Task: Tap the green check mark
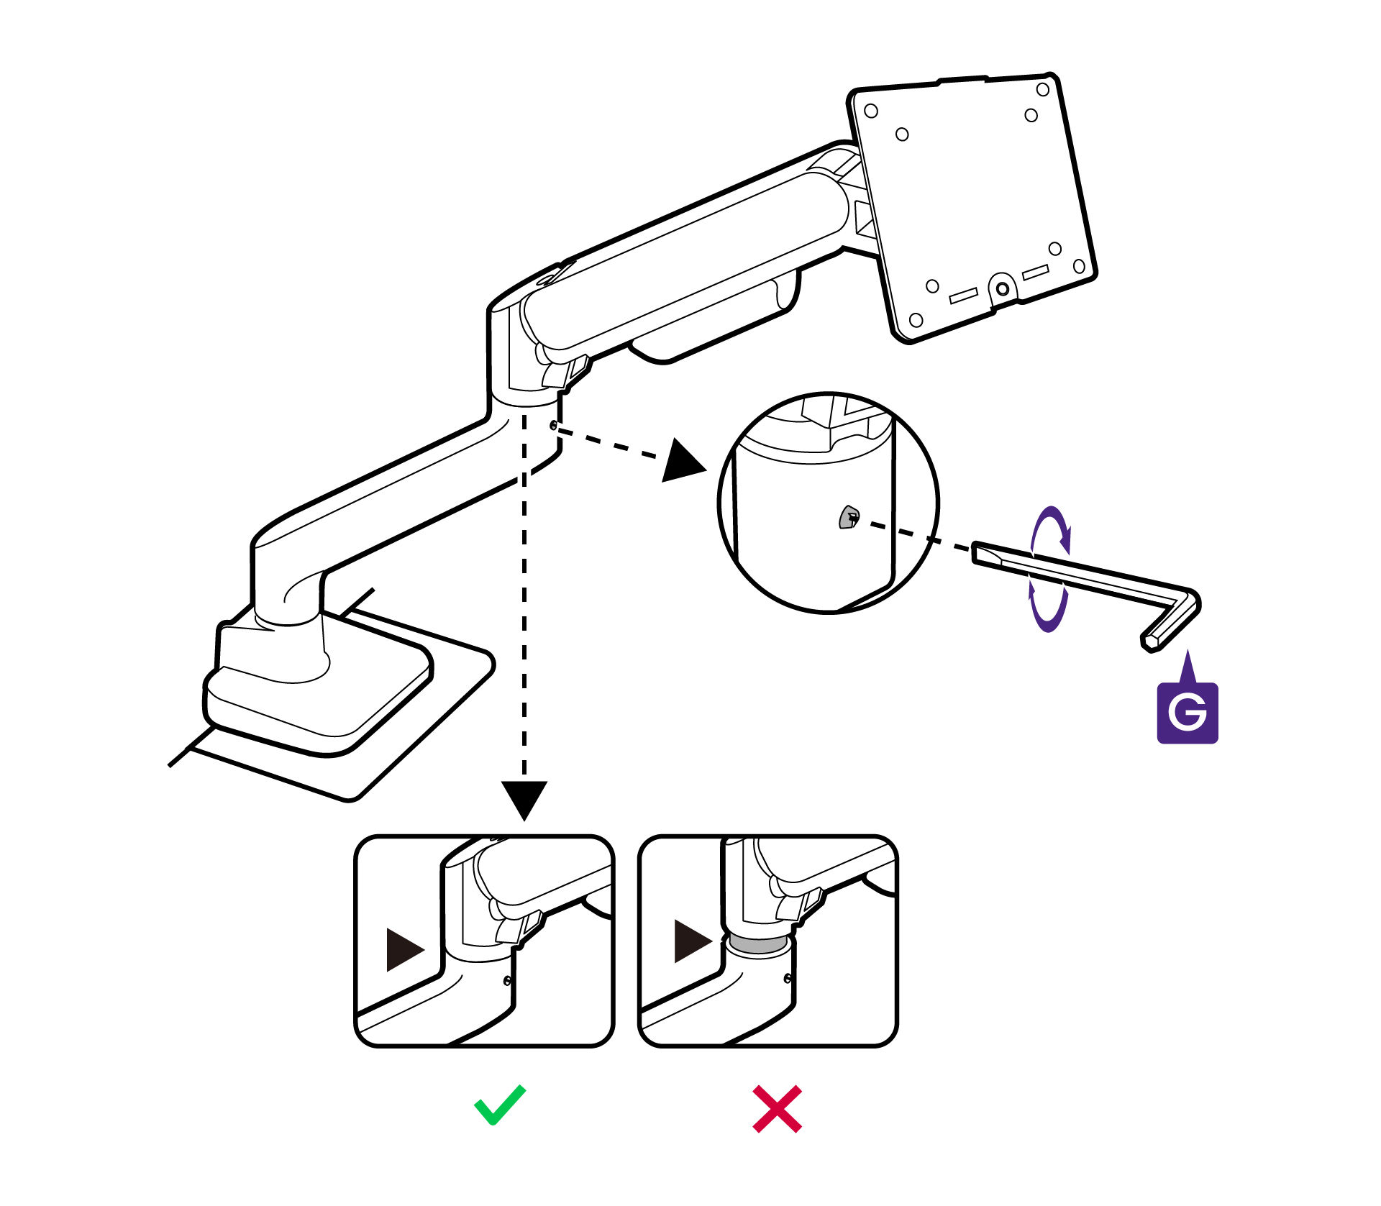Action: [x=499, y=1105]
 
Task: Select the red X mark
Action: [x=777, y=1109]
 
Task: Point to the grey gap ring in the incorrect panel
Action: [x=759, y=944]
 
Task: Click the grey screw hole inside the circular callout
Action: [x=849, y=517]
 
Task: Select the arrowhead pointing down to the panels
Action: [x=524, y=798]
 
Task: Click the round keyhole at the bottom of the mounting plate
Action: [x=1002, y=288]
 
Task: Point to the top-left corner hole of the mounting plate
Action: [x=871, y=111]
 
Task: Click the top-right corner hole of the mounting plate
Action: [x=1042, y=90]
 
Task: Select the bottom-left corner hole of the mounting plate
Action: [x=916, y=319]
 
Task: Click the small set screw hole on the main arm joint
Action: [x=553, y=425]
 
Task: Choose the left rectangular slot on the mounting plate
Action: [x=963, y=295]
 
